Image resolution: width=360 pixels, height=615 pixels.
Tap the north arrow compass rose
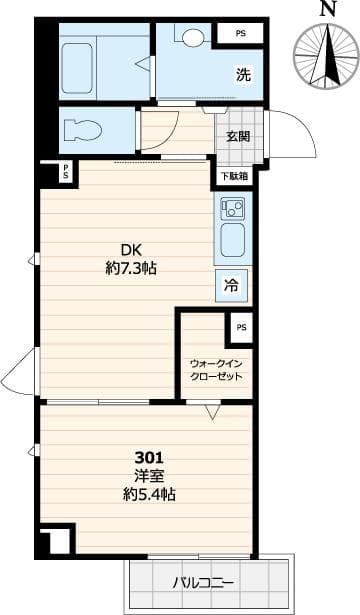coord(326,57)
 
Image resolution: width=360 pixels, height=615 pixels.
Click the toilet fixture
coord(79,130)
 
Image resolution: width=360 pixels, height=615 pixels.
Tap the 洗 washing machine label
coord(243,75)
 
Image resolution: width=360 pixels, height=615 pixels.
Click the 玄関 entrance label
coord(238,136)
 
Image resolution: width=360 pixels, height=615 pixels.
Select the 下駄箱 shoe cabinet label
coord(233,175)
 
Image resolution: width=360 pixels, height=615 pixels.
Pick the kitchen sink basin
coord(233,241)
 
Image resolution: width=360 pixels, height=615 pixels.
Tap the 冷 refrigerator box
coord(232,286)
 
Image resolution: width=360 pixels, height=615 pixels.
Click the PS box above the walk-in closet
coord(241,326)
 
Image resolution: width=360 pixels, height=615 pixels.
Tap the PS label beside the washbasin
coord(241,34)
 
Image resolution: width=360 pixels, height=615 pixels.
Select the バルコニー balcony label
coord(206,580)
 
